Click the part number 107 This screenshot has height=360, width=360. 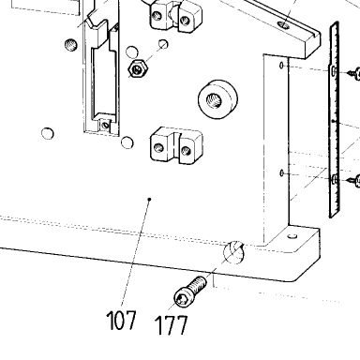point(121,320)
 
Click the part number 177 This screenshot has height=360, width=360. point(172,325)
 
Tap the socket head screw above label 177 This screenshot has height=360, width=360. point(190,292)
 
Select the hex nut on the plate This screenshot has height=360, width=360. point(137,68)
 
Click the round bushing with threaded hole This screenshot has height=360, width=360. point(217,99)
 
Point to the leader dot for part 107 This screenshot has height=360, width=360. point(150,199)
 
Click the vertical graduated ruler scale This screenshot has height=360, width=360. point(335,120)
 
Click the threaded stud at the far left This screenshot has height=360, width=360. point(70,45)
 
